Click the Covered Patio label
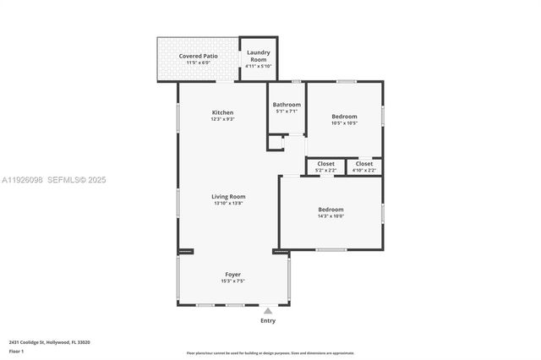point(198,56)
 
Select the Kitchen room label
point(222,112)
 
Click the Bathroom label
point(287,105)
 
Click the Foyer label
point(232,274)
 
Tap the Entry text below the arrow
point(268,321)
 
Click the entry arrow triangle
point(268,311)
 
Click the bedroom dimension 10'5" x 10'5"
point(344,123)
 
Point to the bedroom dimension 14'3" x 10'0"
point(331,216)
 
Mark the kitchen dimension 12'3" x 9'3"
point(222,119)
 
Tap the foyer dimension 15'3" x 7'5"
point(232,281)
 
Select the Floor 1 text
point(16,351)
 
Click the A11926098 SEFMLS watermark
point(53,180)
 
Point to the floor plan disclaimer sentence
point(270,353)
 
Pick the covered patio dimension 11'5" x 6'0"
point(198,63)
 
